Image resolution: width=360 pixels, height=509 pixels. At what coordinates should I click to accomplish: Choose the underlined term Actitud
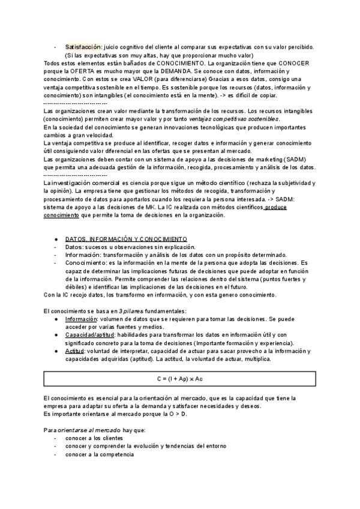click(x=75, y=351)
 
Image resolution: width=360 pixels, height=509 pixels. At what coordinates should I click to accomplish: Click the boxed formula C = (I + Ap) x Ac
click(x=180, y=379)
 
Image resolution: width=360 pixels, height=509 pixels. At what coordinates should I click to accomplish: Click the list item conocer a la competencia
click(x=99, y=454)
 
